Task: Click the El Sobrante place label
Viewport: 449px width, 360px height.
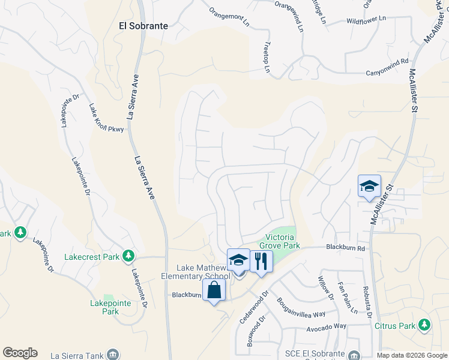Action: click(x=143, y=26)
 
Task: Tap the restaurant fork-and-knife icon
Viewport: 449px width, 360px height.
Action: click(x=260, y=261)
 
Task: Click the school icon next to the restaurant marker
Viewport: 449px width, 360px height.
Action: click(x=238, y=260)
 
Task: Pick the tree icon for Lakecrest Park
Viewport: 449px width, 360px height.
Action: click(x=128, y=257)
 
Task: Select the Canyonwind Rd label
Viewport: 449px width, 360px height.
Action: click(x=387, y=61)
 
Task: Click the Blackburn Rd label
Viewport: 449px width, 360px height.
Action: click(x=345, y=247)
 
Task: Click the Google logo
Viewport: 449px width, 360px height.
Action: click(x=20, y=353)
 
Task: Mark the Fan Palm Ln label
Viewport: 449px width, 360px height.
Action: click(x=347, y=298)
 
